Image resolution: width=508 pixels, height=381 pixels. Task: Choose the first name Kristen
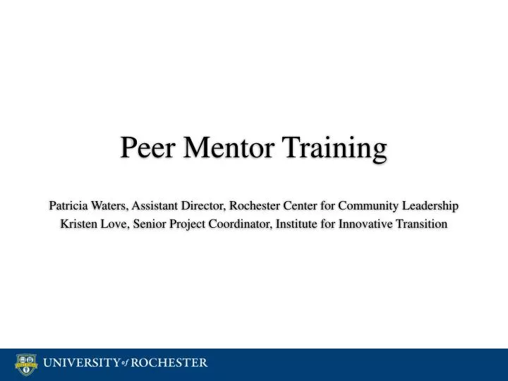pos(79,224)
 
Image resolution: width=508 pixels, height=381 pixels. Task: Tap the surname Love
pos(115,224)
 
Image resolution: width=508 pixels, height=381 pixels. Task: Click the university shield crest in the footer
pos(25,364)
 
